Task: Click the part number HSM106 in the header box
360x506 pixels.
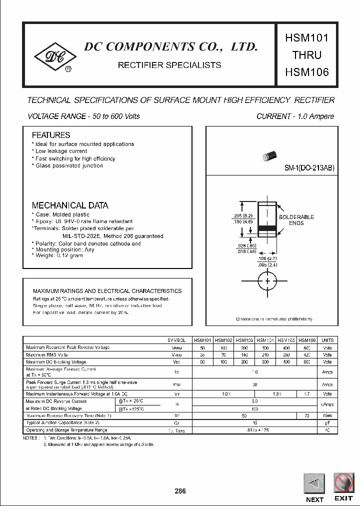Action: click(x=306, y=72)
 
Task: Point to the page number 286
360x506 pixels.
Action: click(x=180, y=491)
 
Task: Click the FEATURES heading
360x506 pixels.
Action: click(x=51, y=135)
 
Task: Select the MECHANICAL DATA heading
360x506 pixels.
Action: click(x=70, y=205)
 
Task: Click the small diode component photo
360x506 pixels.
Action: click(x=269, y=157)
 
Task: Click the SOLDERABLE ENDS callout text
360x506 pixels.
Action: click(x=296, y=220)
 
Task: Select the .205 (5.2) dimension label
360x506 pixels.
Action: click(x=242, y=215)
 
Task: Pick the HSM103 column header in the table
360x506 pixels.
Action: click(x=244, y=340)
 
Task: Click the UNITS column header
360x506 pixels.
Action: click(x=327, y=340)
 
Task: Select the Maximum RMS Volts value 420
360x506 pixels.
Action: click(x=306, y=354)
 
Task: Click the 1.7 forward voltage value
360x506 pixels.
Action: click(x=306, y=394)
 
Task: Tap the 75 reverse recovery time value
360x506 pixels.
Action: click(x=306, y=415)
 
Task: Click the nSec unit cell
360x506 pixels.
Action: click(x=327, y=415)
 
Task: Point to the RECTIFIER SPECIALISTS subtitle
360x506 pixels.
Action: click(x=169, y=65)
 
